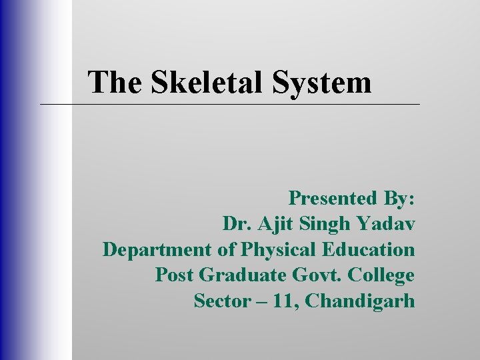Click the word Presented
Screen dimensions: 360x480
click(323, 198)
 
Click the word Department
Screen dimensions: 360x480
click(158, 250)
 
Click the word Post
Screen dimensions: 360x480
click(171, 275)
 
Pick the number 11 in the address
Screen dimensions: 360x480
click(285, 301)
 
